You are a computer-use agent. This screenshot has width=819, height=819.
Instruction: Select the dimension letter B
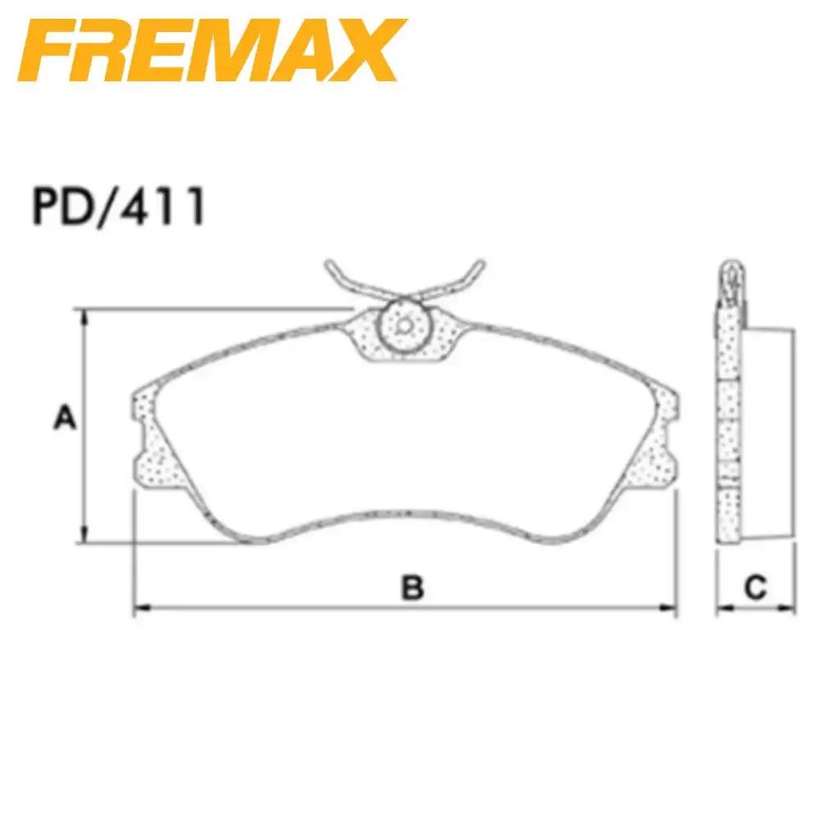(x=412, y=587)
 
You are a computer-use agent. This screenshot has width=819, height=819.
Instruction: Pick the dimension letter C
(x=755, y=586)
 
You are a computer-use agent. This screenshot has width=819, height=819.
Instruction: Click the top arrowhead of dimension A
(x=82, y=315)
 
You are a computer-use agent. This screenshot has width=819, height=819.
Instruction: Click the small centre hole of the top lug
(x=404, y=324)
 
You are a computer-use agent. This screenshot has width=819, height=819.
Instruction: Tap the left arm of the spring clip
(x=344, y=278)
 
